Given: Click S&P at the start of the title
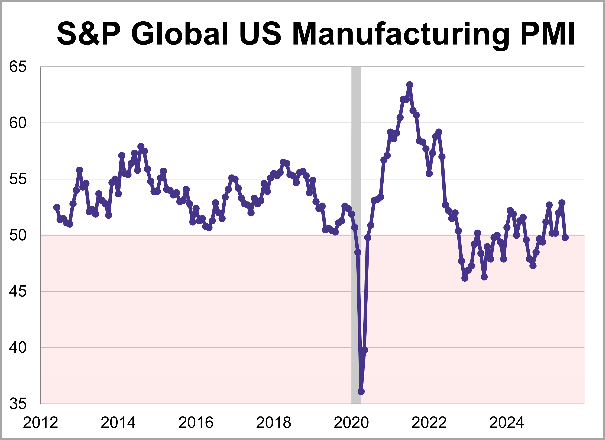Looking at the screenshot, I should [x=89, y=34].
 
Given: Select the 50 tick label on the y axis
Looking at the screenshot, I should [x=18, y=235].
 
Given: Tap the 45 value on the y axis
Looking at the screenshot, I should [x=18, y=291].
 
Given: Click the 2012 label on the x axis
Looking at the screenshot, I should [x=40, y=423].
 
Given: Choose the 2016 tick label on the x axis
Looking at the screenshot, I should [x=196, y=423].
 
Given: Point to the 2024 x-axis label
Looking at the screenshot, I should [x=507, y=423].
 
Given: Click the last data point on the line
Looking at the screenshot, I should [x=565, y=237].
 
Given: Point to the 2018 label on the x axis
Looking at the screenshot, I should [x=273, y=423].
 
